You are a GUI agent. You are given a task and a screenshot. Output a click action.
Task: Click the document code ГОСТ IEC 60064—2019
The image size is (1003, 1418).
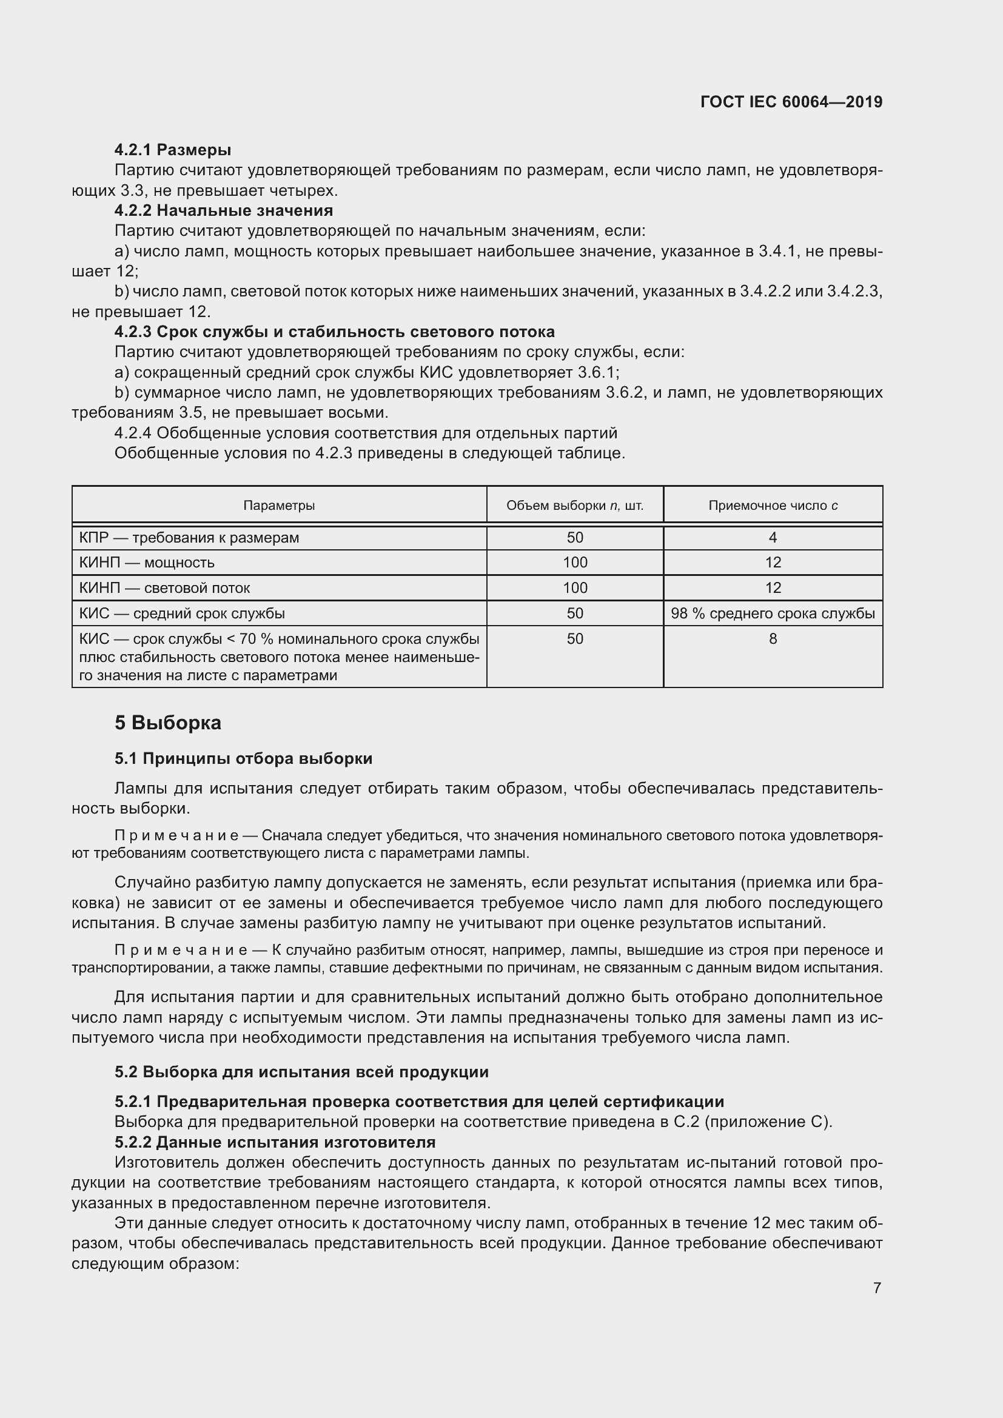click(791, 102)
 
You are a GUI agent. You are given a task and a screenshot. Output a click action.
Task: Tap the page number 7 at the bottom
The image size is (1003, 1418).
click(877, 1288)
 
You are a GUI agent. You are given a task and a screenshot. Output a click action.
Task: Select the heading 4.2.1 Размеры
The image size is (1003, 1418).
click(172, 150)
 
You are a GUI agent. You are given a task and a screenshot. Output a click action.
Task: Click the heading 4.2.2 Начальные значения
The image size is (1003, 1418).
click(223, 210)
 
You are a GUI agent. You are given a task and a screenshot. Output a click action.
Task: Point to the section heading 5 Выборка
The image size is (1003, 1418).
click(167, 722)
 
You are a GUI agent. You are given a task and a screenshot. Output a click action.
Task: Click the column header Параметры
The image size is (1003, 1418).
click(278, 505)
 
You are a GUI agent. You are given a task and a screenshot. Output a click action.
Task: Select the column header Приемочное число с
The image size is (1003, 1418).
click(773, 505)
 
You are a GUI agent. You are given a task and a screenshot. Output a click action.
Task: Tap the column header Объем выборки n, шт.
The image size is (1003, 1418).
click(574, 505)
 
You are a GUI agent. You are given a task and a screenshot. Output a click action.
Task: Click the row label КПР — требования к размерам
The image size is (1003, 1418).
click(189, 537)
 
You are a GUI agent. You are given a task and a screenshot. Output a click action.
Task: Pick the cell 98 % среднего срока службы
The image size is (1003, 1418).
click(773, 614)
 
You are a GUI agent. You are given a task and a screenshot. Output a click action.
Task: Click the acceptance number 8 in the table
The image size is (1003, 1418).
click(773, 638)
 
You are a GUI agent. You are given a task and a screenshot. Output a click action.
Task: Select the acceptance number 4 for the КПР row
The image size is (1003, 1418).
click(773, 537)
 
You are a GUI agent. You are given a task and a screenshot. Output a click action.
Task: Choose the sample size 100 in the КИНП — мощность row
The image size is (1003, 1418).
click(574, 563)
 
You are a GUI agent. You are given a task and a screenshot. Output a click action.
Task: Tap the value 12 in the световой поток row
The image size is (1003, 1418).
click(773, 588)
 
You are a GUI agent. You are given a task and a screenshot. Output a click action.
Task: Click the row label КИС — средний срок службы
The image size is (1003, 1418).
click(181, 614)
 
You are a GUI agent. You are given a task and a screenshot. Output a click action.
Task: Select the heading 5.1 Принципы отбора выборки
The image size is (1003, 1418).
click(243, 758)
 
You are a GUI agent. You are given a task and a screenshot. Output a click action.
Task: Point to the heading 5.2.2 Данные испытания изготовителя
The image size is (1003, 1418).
click(275, 1142)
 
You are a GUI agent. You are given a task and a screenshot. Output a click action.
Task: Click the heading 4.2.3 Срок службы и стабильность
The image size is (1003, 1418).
click(334, 332)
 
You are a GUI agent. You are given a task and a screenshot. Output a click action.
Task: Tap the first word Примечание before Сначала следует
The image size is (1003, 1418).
click(176, 835)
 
